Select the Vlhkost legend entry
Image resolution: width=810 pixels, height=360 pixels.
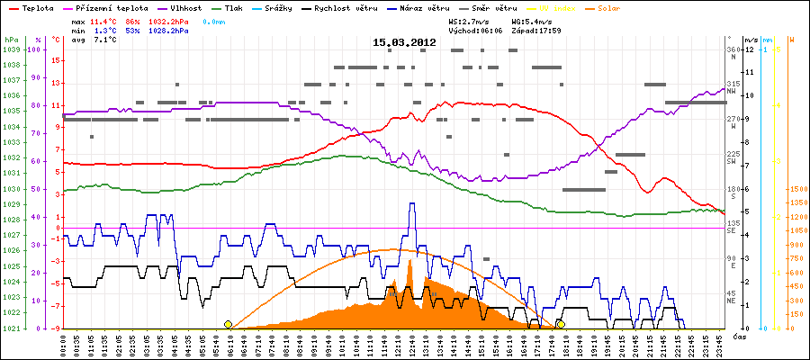pyautogui.click(x=185, y=7)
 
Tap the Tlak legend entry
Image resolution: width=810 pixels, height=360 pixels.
pyautogui.click(x=232, y=7)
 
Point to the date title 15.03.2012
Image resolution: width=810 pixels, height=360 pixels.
pyautogui.click(x=404, y=42)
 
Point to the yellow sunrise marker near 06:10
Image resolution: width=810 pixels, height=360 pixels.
pyautogui.click(x=228, y=324)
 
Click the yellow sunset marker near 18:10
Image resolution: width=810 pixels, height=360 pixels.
pyautogui.click(x=561, y=324)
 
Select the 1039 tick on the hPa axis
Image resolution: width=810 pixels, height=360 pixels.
pyautogui.click(x=11, y=49)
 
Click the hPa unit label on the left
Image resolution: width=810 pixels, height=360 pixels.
pyautogui.click(x=11, y=40)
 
